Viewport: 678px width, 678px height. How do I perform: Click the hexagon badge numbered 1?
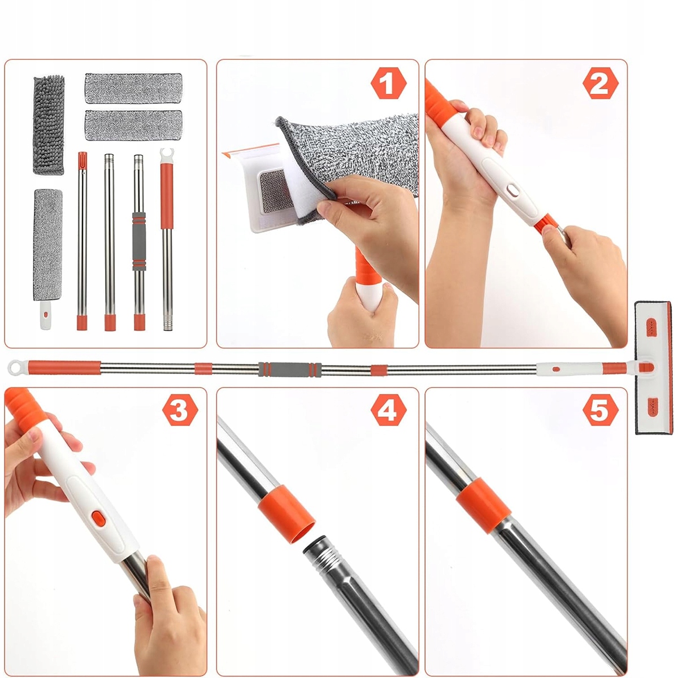pos(388,84)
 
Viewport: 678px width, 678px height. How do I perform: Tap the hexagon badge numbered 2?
pos(601,84)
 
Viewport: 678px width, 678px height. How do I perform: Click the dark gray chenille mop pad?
pos(49,125)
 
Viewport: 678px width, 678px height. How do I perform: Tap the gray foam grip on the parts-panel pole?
pos(140,241)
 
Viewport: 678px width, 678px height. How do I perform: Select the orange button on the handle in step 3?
pos(98,518)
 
